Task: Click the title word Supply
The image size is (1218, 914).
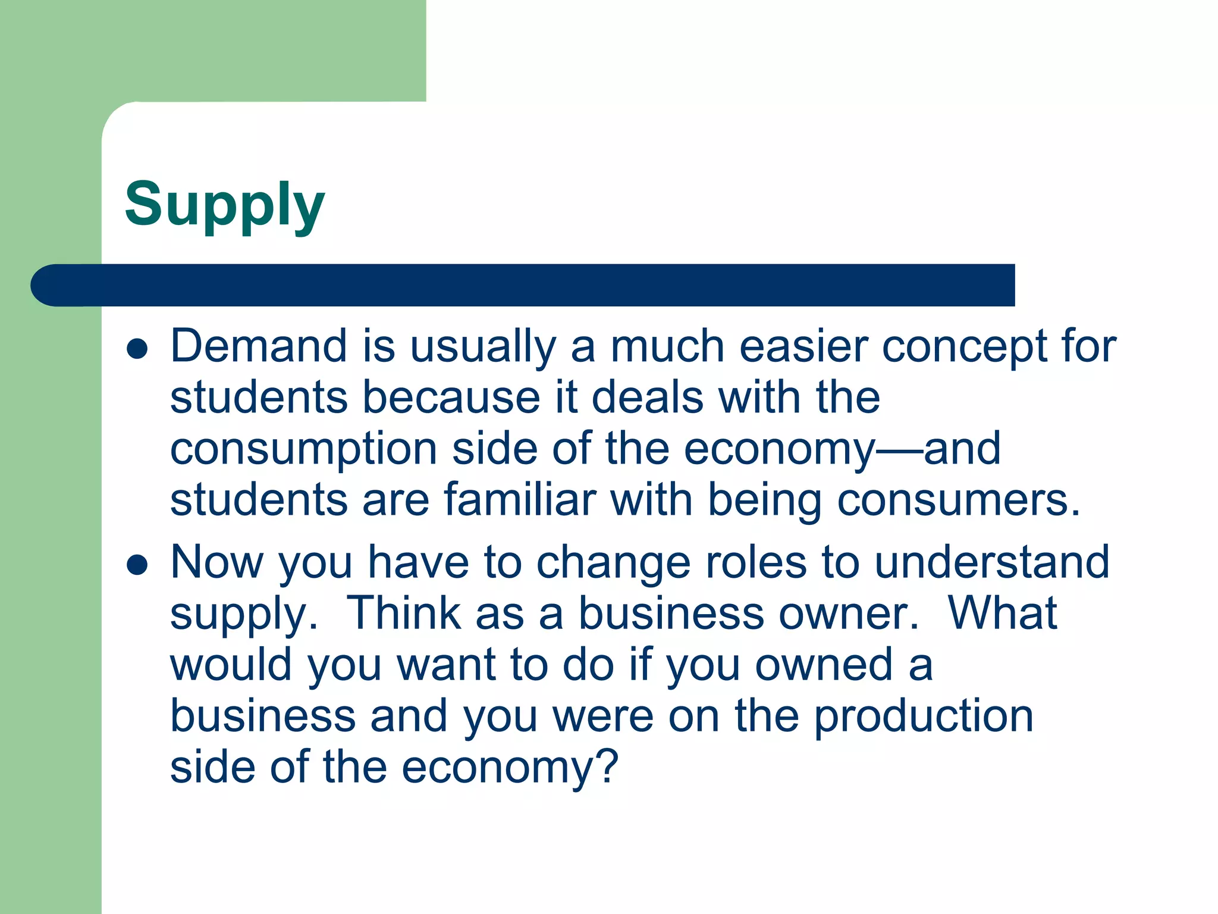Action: (225, 205)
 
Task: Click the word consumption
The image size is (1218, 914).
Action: (304, 450)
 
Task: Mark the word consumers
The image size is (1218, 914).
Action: (958, 501)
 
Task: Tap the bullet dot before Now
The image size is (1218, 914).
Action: (137, 565)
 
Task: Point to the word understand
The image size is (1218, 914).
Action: (992, 562)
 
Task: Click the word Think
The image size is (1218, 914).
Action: (403, 613)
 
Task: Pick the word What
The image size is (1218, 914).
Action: (1002, 613)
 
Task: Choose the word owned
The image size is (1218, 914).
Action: (824, 665)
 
